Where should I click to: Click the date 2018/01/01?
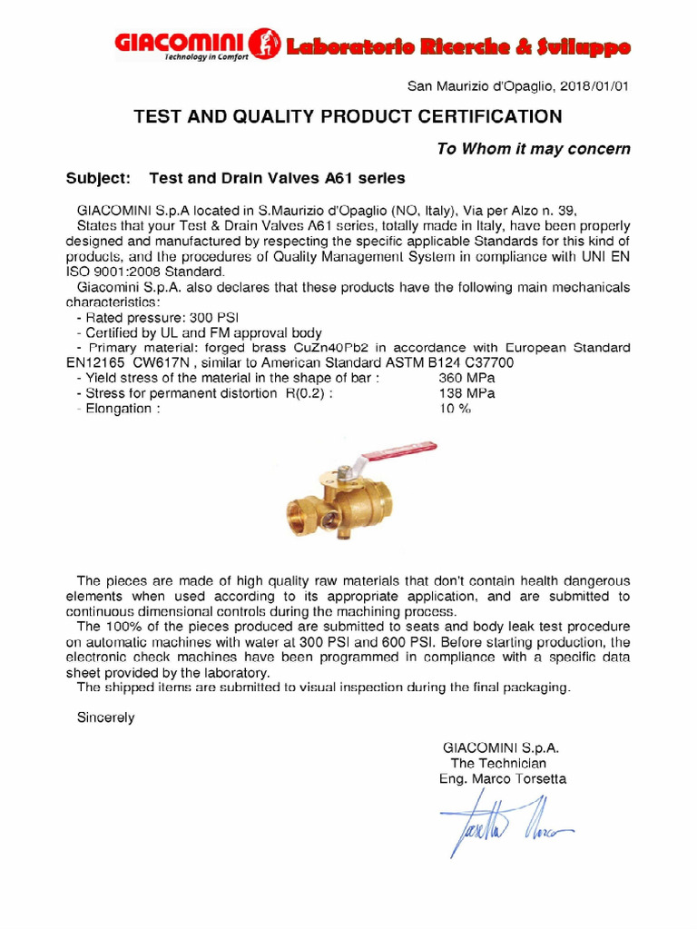[594, 87]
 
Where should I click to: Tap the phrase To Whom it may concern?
[533, 149]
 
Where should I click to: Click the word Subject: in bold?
[99, 178]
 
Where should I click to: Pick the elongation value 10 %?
[456, 409]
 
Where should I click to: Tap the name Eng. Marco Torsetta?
[501, 779]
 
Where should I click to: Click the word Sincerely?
[105, 717]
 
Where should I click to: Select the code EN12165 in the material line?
[96, 363]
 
